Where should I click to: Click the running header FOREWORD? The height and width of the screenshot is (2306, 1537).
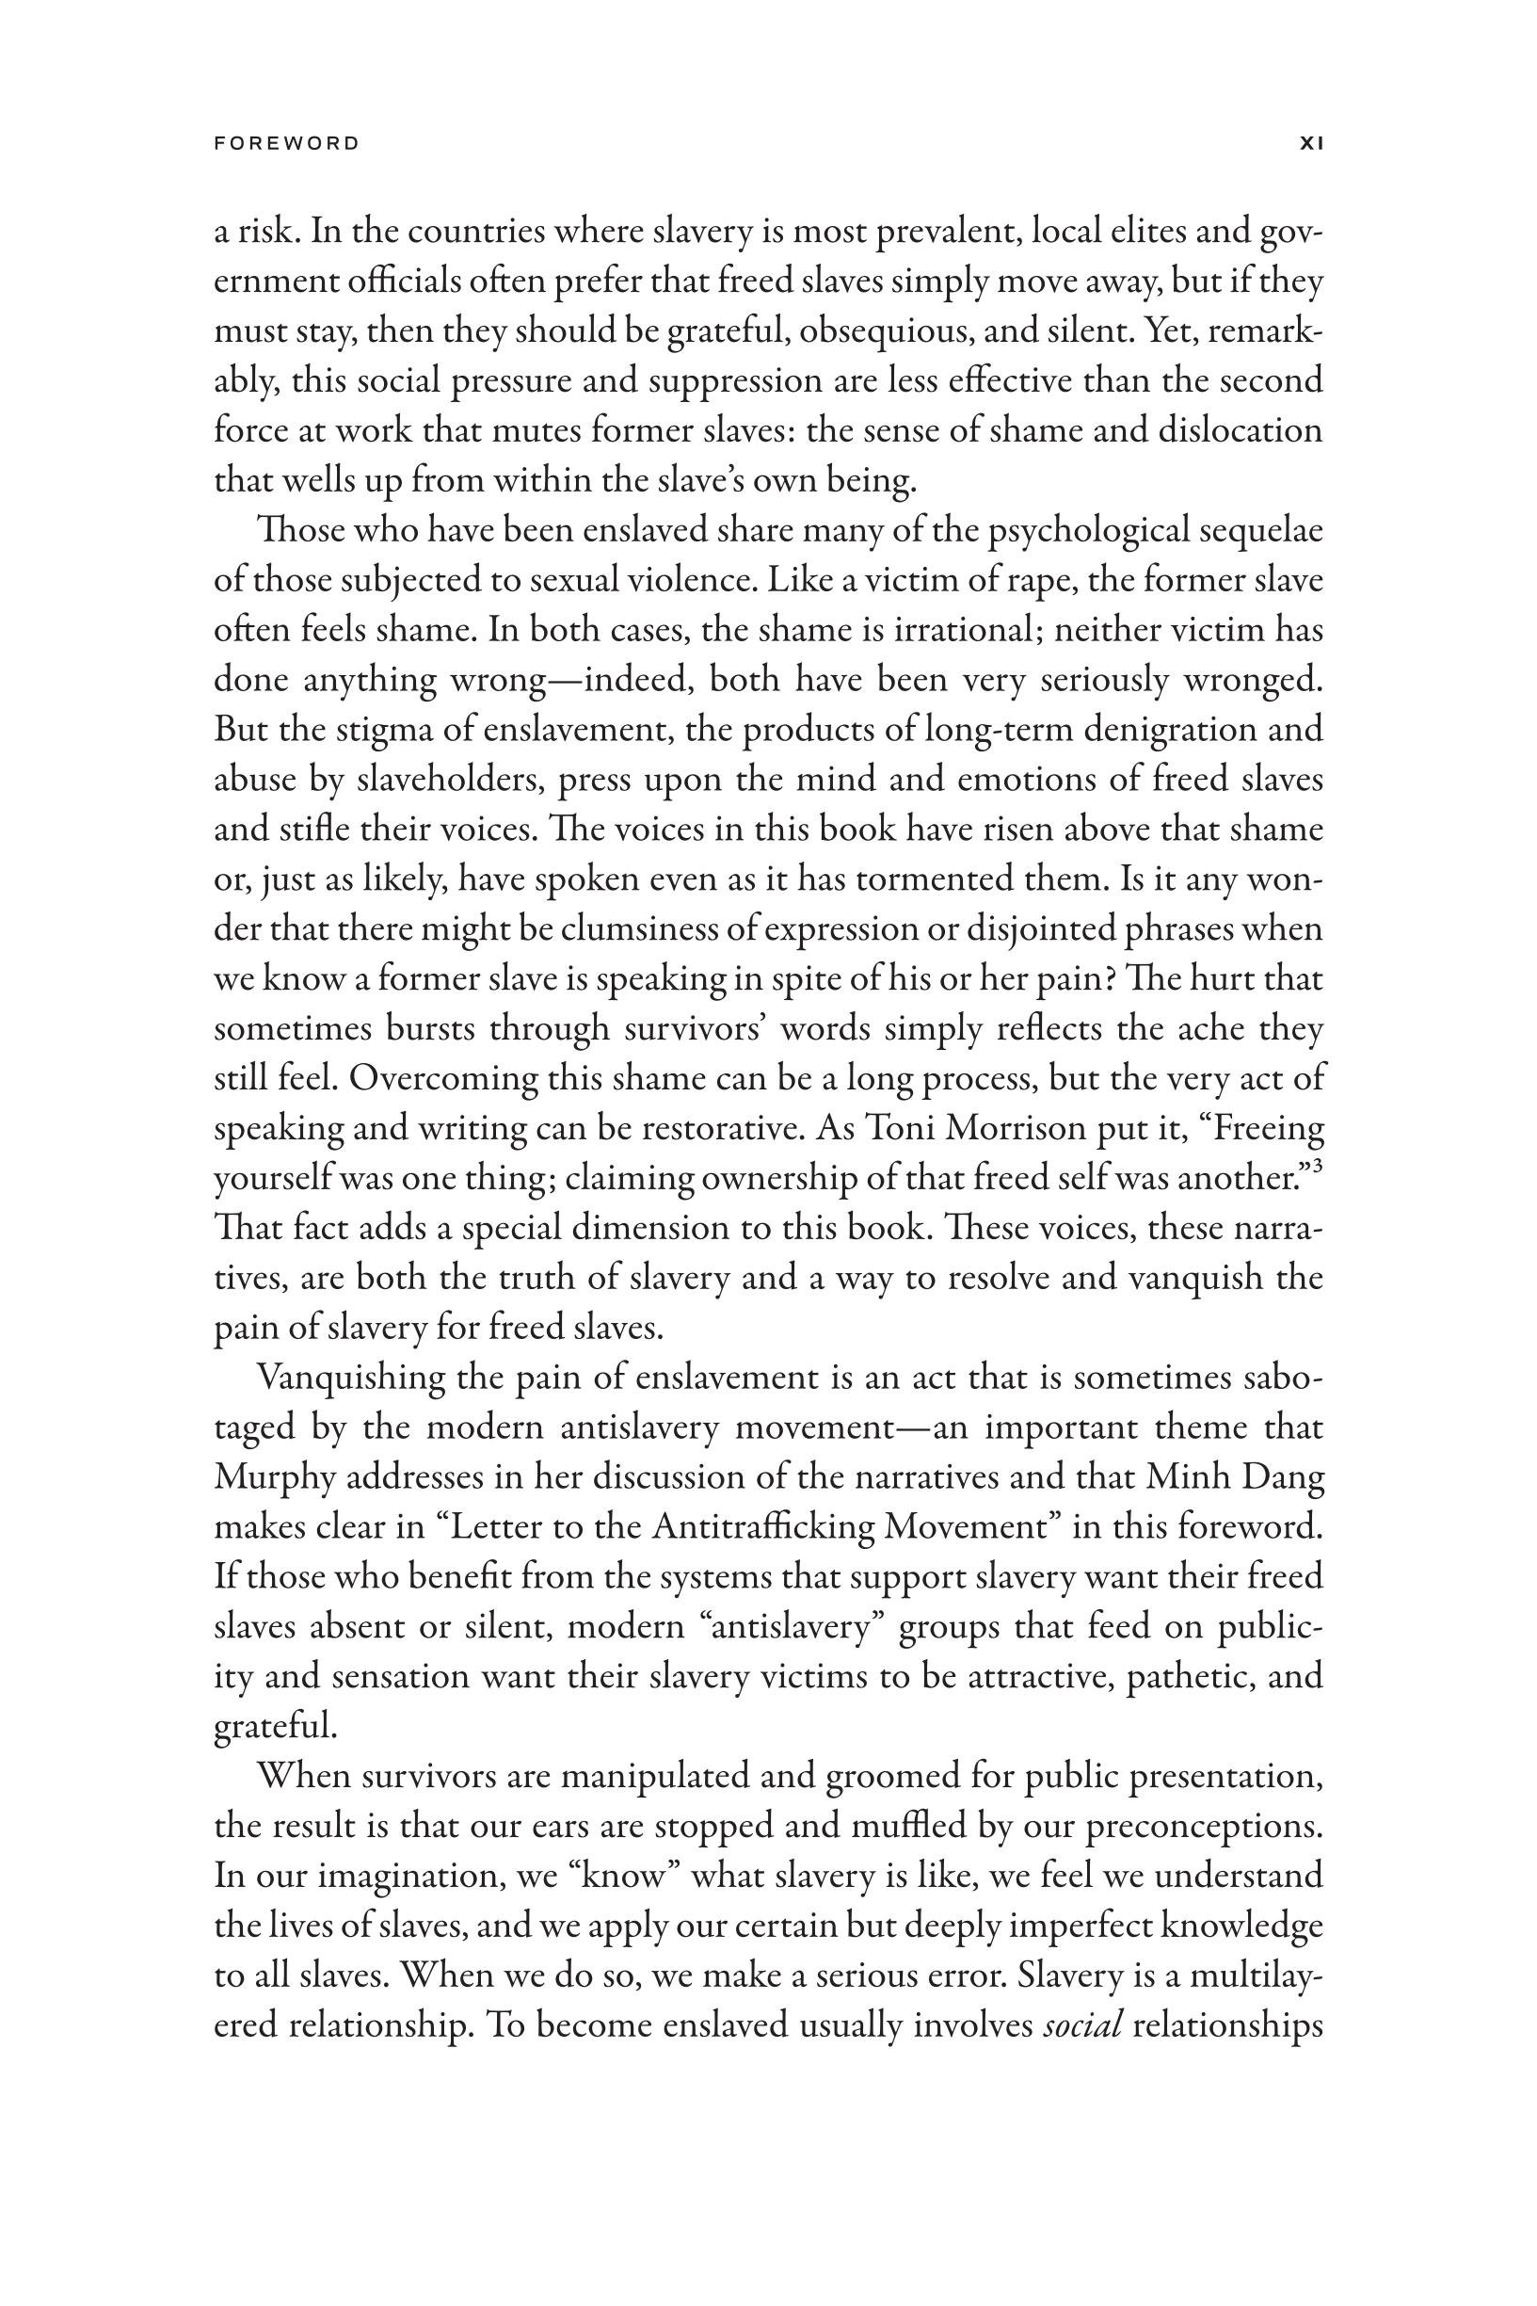(286, 143)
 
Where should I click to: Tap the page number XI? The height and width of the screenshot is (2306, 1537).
(1311, 143)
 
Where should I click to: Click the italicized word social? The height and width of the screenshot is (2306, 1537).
(1082, 2025)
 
